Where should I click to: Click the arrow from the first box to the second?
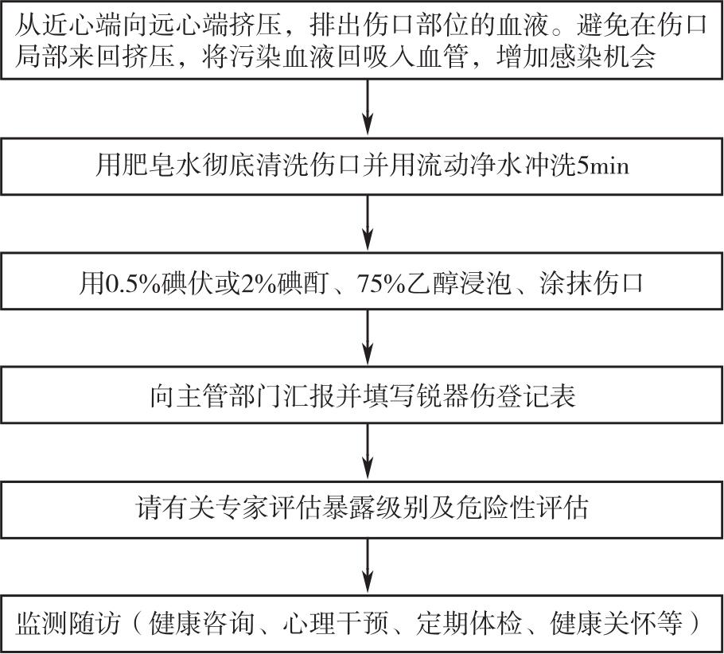point(368,107)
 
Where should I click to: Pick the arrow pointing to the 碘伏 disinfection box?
point(368,223)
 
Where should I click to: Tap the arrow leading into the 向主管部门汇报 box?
point(368,337)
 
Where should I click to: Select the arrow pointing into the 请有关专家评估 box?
point(368,451)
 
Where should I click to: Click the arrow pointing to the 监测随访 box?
point(368,566)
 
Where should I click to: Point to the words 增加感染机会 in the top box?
point(576,58)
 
